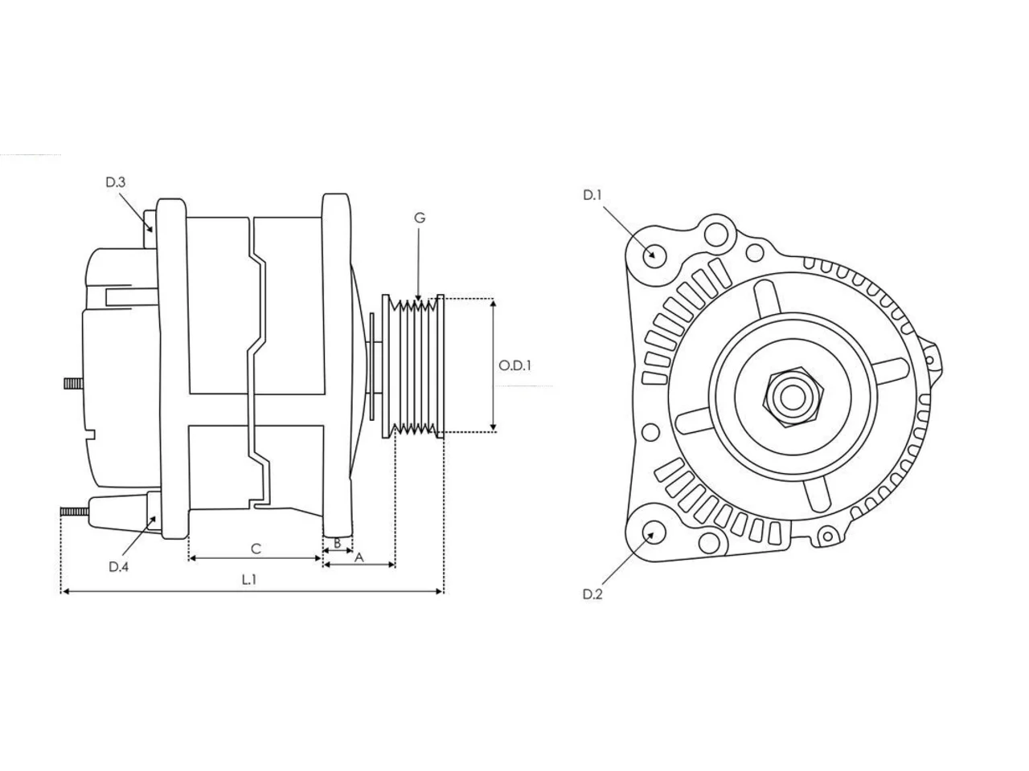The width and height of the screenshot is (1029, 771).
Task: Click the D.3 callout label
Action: pyautogui.click(x=115, y=182)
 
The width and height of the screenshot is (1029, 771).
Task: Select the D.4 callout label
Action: pyautogui.click(x=119, y=567)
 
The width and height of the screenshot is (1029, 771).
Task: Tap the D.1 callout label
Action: pyautogui.click(x=592, y=195)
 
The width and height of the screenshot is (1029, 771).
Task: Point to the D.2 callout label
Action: pyautogui.click(x=592, y=594)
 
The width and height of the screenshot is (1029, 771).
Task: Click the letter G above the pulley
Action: pyautogui.click(x=420, y=218)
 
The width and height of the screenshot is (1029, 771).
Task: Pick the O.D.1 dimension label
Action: pyautogui.click(x=514, y=365)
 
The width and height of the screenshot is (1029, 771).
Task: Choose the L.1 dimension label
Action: pyautogui.click(x=249, y=580)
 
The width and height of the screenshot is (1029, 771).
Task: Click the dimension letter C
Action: pyautogui.click(x=256, y=549)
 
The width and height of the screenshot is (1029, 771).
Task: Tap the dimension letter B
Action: pyautogui.click(x=337, y=544)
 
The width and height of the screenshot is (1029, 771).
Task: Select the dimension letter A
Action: pyautogui.click(x=359, y=557)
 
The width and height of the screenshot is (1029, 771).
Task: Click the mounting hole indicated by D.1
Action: pyautogui.click(x=654, y=255)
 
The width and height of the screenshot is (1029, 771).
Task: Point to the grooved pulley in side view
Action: pyautogui.click(x=412, y=365)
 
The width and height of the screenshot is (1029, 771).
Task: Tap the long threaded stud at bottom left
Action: pyautogui.click(x=75, y=512)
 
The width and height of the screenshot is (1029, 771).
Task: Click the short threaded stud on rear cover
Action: pyautogui.click(x=74, y=385)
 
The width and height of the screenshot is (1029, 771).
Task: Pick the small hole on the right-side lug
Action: pyautogui.click(x=929, y=360)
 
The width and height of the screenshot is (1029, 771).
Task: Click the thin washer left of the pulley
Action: pyautogui.click(x=372, y=366)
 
